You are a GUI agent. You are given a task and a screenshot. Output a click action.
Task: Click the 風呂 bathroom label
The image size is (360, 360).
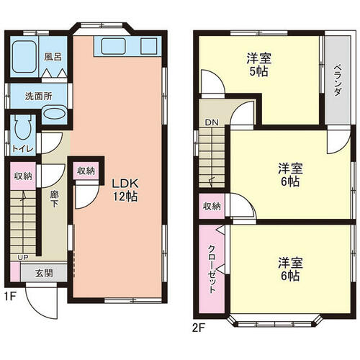tap(53, 57)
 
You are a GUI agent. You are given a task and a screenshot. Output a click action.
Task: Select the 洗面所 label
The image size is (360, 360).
tap(39, 96)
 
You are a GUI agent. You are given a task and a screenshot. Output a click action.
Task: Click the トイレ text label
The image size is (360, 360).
tap(23, 149)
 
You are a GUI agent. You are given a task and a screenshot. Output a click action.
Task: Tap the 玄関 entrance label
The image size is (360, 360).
tap(44, 273)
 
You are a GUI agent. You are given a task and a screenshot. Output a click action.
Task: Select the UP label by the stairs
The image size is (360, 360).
tap(23, 258)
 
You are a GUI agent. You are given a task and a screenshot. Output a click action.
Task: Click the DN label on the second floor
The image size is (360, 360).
tap(212, 122)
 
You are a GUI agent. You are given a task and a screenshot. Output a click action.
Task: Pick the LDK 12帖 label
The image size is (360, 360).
tap(125, 190)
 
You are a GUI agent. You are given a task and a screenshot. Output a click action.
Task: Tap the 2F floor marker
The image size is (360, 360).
tap(199, 328)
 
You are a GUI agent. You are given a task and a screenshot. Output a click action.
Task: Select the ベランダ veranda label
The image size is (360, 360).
tap(338, 80)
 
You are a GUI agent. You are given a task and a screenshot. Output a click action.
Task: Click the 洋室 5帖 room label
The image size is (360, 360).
tap(259, 65)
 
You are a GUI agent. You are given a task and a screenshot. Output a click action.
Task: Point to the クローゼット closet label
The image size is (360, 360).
tap(212, 269)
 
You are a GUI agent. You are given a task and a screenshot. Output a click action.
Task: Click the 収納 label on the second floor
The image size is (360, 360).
tap(212, 206)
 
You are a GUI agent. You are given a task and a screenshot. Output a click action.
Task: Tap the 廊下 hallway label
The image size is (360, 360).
tap(55, 199)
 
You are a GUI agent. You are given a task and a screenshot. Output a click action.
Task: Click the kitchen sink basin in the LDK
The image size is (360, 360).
tap(113, 46)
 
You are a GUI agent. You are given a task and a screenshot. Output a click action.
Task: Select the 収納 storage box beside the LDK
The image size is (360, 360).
tap(86, 171)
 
